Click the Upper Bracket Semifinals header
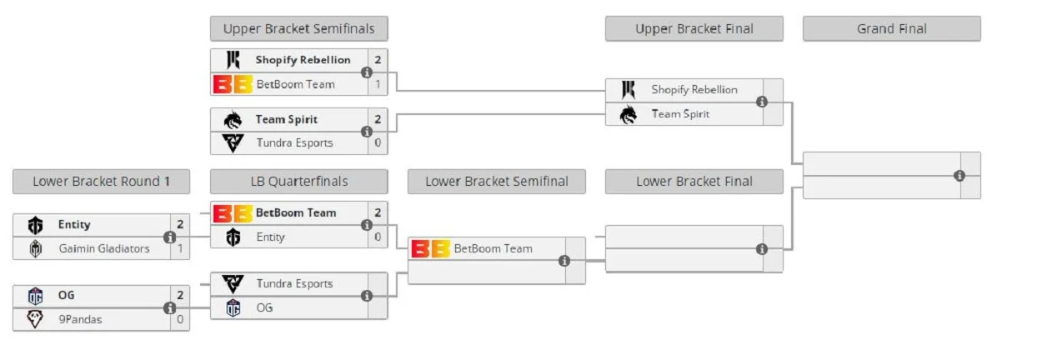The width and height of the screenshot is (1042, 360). (x=298, y=29)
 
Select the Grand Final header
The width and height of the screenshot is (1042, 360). (x=891, y=29)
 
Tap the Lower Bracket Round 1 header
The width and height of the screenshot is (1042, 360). (x=101, y=182)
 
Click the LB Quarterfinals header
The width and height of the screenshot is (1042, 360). (x=298, y=182)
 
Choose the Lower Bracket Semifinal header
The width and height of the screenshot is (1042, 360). (x=496, y=182)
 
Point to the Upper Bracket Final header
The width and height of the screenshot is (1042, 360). (x=694, y=29)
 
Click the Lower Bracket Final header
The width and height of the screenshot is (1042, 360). (x=694, y=182)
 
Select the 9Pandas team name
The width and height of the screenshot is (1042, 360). (x=80, y=319)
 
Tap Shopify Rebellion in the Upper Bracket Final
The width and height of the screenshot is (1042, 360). (x=694, y=90)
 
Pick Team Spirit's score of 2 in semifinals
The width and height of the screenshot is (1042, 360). (x=378, y=119)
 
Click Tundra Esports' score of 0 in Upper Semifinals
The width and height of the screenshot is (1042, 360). (x=378, y=142)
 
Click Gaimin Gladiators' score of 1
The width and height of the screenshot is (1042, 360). (x=180, y=248)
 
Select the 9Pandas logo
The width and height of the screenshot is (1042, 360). (x=35, y=319)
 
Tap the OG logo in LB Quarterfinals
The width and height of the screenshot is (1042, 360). (x=233, y=307)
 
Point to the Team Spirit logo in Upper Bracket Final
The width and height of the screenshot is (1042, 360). (x=629, y=114)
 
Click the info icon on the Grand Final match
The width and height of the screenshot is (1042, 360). (x=959, y=176)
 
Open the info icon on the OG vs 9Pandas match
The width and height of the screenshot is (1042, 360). (x=169, y=307)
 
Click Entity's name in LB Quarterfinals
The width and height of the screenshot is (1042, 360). (x=270, y=237)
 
